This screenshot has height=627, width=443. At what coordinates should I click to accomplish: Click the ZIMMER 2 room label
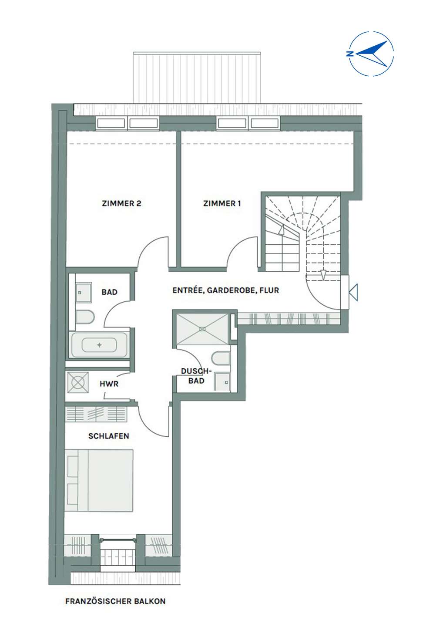121,203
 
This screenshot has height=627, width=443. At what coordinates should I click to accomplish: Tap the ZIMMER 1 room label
222,203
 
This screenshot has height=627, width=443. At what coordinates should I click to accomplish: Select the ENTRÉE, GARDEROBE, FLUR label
226,290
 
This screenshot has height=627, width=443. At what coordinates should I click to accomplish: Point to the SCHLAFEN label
108,436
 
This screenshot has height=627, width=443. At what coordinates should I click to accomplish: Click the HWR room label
109,384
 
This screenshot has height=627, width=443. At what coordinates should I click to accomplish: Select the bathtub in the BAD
99,345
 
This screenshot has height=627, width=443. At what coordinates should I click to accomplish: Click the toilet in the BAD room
85,317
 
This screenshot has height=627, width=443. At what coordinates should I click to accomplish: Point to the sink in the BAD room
84,292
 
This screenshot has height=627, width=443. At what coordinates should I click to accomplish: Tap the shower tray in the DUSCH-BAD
203,329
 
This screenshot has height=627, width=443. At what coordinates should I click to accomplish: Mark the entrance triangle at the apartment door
354,293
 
